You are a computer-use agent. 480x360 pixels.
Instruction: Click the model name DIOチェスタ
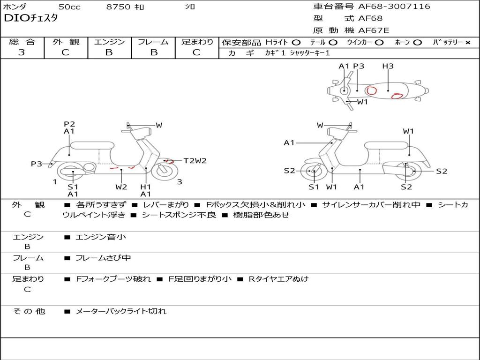click(x=30, y=18)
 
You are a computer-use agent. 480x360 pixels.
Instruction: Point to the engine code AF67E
click(x=374, y=30)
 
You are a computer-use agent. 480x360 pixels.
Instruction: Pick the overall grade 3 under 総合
click(x=22, y=52)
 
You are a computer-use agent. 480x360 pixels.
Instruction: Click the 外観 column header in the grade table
click(x=66, y=42)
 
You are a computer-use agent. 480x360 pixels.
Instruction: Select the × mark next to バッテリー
click(x=467, y=42)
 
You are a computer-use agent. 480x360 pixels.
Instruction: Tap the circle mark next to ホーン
click(x=417, y=42)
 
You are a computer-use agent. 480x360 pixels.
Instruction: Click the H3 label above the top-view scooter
click(x=388, y=66)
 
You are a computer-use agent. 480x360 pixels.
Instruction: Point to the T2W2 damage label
click(x=195, y=161)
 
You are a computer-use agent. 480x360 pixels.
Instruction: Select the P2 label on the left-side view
click(x=69, y=124)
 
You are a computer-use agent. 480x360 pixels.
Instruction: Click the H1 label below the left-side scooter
click(x=146, y=187)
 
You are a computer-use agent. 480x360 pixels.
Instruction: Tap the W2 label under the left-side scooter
click(x=121, y=187)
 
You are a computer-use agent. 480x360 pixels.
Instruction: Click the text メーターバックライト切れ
click(x=121, y=311)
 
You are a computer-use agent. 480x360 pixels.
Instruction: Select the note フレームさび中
click(x=103, y=258)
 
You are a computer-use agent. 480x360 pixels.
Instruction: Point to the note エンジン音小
click(x=101, y=237)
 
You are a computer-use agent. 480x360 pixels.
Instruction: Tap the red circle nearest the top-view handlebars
click(x=372, y=90)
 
